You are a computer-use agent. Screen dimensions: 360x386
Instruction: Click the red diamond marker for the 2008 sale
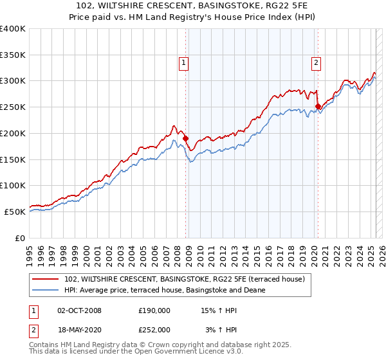(x=185, y=138)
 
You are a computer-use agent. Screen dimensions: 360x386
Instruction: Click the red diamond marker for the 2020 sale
(x=318, y=107)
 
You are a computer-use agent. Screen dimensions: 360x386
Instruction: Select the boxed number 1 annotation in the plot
(x=184, y=62)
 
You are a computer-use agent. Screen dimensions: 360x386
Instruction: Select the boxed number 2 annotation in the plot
(x=317, y=62)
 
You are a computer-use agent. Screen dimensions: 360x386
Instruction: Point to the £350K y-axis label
(x=13, y=55)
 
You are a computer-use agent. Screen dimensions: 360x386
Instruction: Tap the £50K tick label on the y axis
(x=15, y=212)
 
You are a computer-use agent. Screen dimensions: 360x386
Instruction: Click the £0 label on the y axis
(x=20, y=238)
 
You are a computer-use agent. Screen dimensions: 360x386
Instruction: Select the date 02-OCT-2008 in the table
(x=79, y=310)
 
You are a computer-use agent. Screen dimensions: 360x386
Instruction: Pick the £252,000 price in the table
(x=154, y=329)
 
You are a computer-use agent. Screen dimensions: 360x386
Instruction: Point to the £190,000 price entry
(x=154, y=310)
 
